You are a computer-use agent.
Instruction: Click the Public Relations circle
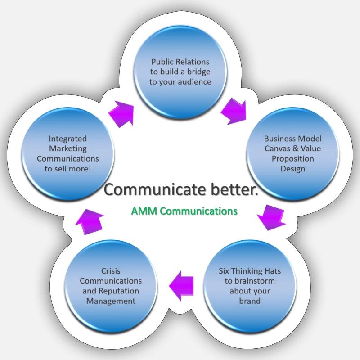click(x=180, y=72)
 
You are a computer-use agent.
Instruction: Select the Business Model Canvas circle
click(x=293, y=154)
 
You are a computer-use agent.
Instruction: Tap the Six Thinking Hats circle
click(x=250, y=286)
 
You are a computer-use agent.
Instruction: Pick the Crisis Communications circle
click(x=111, y=286)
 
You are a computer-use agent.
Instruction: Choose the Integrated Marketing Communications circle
click(x=68, y=154)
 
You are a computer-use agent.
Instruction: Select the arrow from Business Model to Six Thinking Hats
click(x=271, y=217)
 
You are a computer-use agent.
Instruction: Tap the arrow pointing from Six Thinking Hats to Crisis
click(x=181, y=286)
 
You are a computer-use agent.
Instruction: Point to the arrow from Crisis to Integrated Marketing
click(x=90, y=222)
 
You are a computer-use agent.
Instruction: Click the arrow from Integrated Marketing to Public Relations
click(x=121, y=114)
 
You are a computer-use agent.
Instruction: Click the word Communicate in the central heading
click(x=155, y=189)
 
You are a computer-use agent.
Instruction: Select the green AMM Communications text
click(x=184, y=211)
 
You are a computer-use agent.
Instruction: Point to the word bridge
click(x=199, y=72)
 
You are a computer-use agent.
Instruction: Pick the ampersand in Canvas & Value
click(x=296, y=148)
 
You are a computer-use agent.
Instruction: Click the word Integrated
click(x=68, y=139)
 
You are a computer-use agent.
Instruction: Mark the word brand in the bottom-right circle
click(x=250, y=301)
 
